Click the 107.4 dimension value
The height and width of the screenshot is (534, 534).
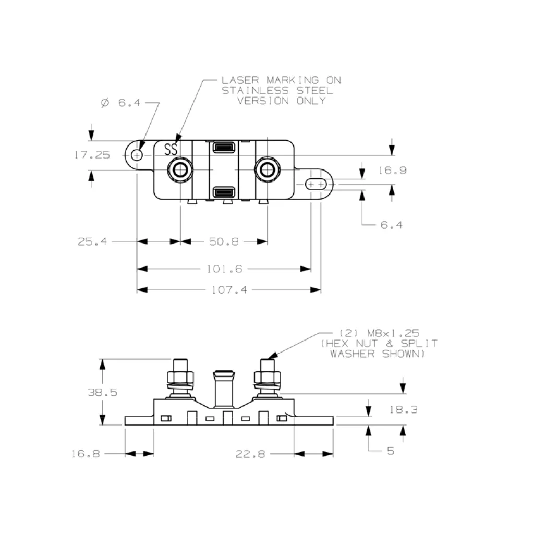pyautogui.click(x=229, y=290)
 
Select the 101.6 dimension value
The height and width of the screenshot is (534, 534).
pyautogui.click(x=224, y=269)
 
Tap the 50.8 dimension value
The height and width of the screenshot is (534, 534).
pyautogui.click(x=224, y=242)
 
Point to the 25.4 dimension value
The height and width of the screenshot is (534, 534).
pyautogui.click(x=92, y=242)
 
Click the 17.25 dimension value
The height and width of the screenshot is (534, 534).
pyautogui.click(x=92, y=155)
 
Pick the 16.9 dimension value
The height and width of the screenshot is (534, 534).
pyautogui.click(x=393, y=171)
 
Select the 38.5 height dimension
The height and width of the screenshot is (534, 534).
pyautogui.click(x=103, y=392)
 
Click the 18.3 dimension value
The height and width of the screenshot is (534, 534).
pyautogui.click(x=404, y=409)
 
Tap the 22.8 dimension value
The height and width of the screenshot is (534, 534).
pyautogui.click(x=250, y=454)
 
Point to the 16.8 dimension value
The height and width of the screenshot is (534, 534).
pyautogui.click(x=86, y=454)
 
